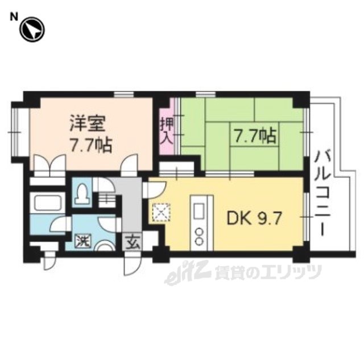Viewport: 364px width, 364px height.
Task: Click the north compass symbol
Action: tap(32, 30)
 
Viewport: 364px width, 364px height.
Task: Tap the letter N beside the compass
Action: tap(14, 16)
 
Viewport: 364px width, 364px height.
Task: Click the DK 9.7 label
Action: tap(254, 218)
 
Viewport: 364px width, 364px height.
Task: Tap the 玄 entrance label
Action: tap(131, 243)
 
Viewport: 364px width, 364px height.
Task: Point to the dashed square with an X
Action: tap(161, 212)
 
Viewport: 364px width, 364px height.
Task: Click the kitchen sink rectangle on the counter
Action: tap(198, 211)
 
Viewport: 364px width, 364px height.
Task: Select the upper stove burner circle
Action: tap(199, 231)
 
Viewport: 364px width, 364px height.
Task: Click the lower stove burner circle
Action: tap(199, 241)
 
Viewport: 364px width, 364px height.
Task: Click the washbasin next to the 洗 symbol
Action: tap(106, 246)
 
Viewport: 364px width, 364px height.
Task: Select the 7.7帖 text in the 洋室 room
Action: tap(92, 145)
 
